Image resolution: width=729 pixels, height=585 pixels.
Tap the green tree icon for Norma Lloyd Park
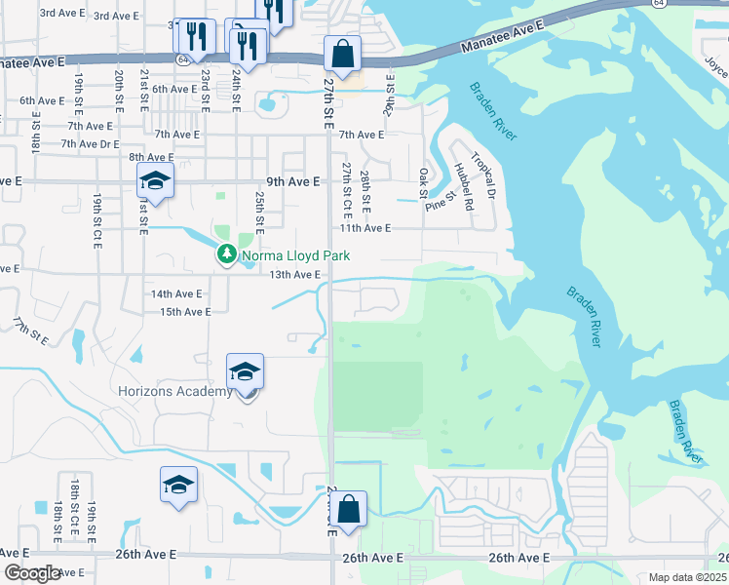click(226, 254)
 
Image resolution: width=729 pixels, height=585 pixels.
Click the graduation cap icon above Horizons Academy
click(245, 370)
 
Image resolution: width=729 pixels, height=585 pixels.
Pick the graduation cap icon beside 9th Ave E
click(154, 180)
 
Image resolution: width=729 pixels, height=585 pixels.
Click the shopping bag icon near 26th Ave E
click(349, 508)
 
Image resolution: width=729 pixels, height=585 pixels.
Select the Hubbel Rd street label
click(463, 186)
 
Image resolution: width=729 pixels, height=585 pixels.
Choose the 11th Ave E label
click(364, 228)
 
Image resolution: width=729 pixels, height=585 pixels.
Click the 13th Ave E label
click(295, 275)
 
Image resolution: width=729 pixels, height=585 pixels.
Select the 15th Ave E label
click(185, 312)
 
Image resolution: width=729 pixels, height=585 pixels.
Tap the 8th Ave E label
click(151, 157)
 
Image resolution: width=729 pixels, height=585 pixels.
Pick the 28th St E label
click(364, 192)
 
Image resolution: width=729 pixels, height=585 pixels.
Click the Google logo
click(31, 573)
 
